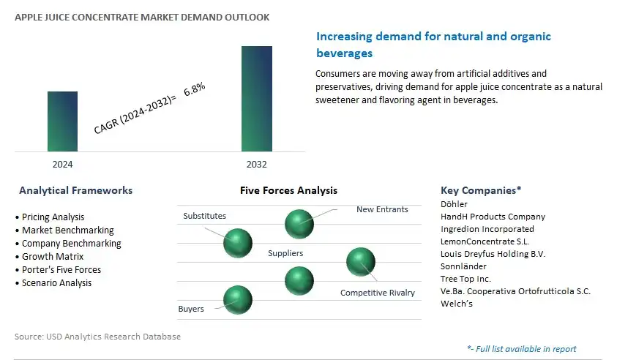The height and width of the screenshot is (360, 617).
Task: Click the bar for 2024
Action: (x=62, y=121)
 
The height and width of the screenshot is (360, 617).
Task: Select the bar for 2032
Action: (x=257, y=99)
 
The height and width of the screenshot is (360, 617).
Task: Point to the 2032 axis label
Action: (x=257, y=165)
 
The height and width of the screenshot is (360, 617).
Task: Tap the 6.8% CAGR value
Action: (x=195, y=89)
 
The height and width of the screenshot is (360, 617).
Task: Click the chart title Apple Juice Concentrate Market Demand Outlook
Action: (x=142, y=18)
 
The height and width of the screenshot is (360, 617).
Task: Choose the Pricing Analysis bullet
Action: (x=50, y=217)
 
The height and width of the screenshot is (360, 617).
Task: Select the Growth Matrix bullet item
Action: (x=50, y=257)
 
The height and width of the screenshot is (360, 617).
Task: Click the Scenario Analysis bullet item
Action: (x=53, y=283)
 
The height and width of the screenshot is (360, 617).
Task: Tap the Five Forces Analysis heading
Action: (x=288, y=190)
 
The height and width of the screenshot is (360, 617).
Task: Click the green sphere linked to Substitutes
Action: (x=238, y=243)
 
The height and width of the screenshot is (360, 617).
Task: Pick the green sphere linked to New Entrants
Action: (x=299, y=224)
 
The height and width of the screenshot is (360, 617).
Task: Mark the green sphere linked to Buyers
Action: (x=238, y=300)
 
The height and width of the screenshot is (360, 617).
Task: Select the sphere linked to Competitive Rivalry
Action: (x=361, y=262)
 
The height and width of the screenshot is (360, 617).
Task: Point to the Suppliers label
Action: (x=285, y=253)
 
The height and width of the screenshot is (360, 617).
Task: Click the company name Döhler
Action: (x=454, y=204)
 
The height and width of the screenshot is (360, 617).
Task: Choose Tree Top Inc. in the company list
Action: (x=466, y=279)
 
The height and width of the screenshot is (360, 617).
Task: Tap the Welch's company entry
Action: (x=457, y=304)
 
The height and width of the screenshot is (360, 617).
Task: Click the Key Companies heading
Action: (x=481, y=190)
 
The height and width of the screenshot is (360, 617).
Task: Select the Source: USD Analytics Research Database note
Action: (x=97, y=337)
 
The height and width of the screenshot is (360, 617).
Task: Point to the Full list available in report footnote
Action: (x=522, y=349)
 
